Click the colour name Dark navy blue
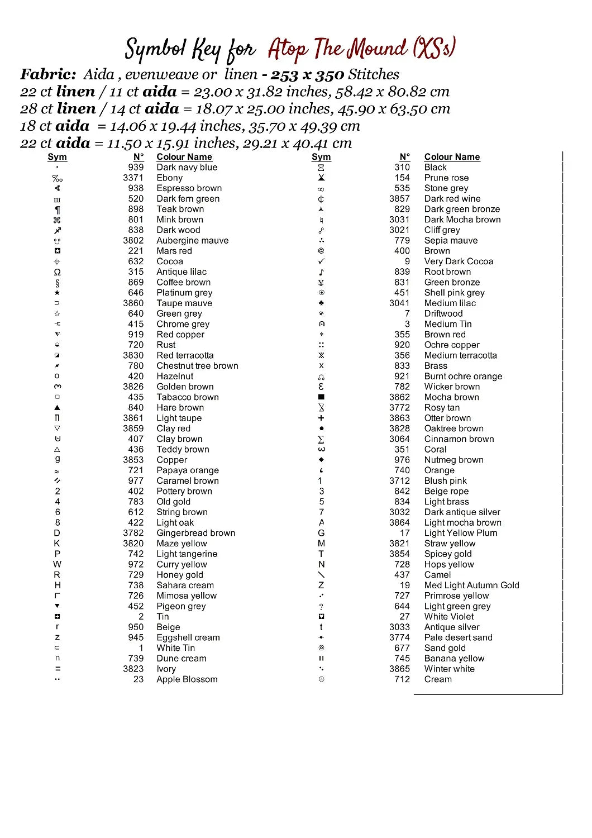[x=187, y=168]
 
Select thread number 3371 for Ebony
[x=133, y=178]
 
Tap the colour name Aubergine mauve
[x=192, y=241]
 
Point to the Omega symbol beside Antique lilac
[x=58, y=272]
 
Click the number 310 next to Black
[x=402, y=168]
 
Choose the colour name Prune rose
[x=446, y=178]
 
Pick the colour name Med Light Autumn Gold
[x=471, y=585]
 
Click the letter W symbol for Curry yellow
[x=58, y=564]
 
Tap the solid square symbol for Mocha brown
[x=321, y=397]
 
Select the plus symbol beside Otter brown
[x=321, y=418]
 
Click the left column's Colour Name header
[x=184, y=157]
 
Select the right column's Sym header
[x=321, y=157]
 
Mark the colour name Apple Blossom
[x=187, y=680]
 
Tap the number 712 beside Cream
[x=402, y=680]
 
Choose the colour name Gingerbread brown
[x=195, y=534]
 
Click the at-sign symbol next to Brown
[x=321, y=251]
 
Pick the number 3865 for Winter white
[x=399, y=669]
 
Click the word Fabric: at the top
[x=48, y=75]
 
